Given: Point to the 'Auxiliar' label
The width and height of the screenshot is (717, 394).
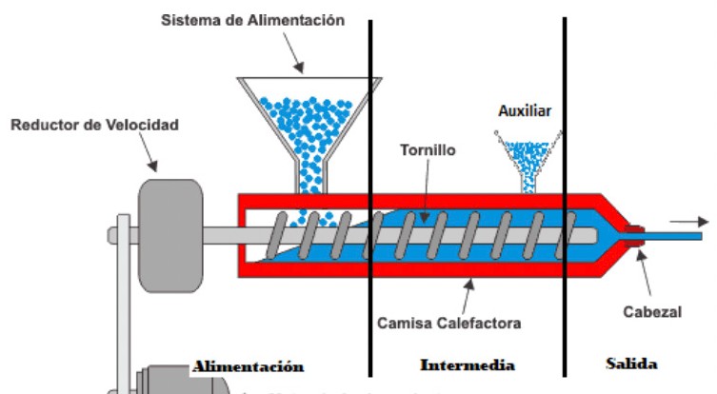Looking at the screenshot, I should [x=525, y=111].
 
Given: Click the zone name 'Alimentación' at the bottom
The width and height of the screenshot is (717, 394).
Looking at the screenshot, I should [x=248, y=365].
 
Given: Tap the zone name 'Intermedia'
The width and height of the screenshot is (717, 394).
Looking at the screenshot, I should [x=467, y=365].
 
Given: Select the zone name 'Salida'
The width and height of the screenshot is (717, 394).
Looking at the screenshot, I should [x=631, y=364].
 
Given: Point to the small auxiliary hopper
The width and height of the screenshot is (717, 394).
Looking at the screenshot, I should [x=525, y=155].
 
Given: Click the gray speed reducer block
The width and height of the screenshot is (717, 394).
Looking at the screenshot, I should [x=170, y=233].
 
